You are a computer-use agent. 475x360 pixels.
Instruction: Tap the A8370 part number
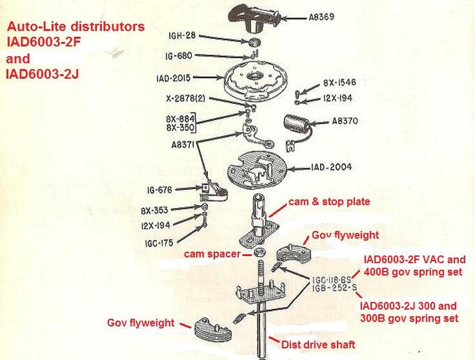click(343, 121)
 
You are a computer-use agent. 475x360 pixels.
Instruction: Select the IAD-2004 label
click(333, 167)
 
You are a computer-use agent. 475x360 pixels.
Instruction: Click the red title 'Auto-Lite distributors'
click(76, 27)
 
